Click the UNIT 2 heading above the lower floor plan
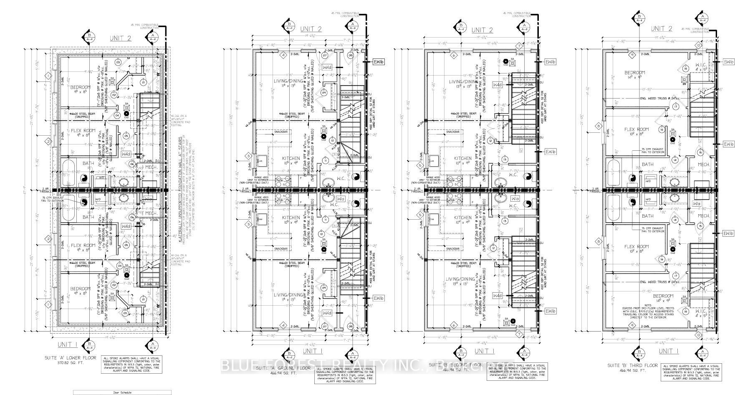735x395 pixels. pyautogui.click(x=120, y=38)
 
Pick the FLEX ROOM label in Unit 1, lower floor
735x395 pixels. pyautogui.click(x=83, y=246)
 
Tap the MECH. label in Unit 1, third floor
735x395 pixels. pyautogui.click(x=704, y=216)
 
